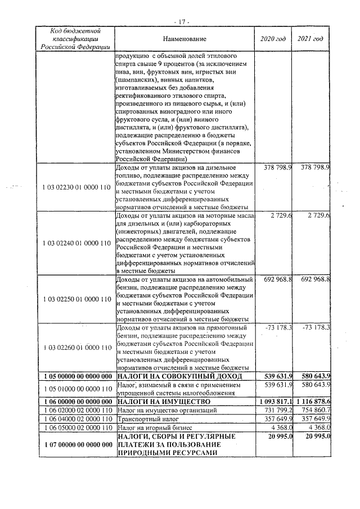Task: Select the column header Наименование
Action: point(185,39)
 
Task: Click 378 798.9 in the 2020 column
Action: point(280,168)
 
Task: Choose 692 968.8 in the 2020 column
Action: point(280,280)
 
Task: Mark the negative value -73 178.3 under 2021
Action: point(316,328)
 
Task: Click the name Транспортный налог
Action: point(145,421)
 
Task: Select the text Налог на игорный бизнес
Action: point(151,429)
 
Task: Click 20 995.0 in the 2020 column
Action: point(281,437)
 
